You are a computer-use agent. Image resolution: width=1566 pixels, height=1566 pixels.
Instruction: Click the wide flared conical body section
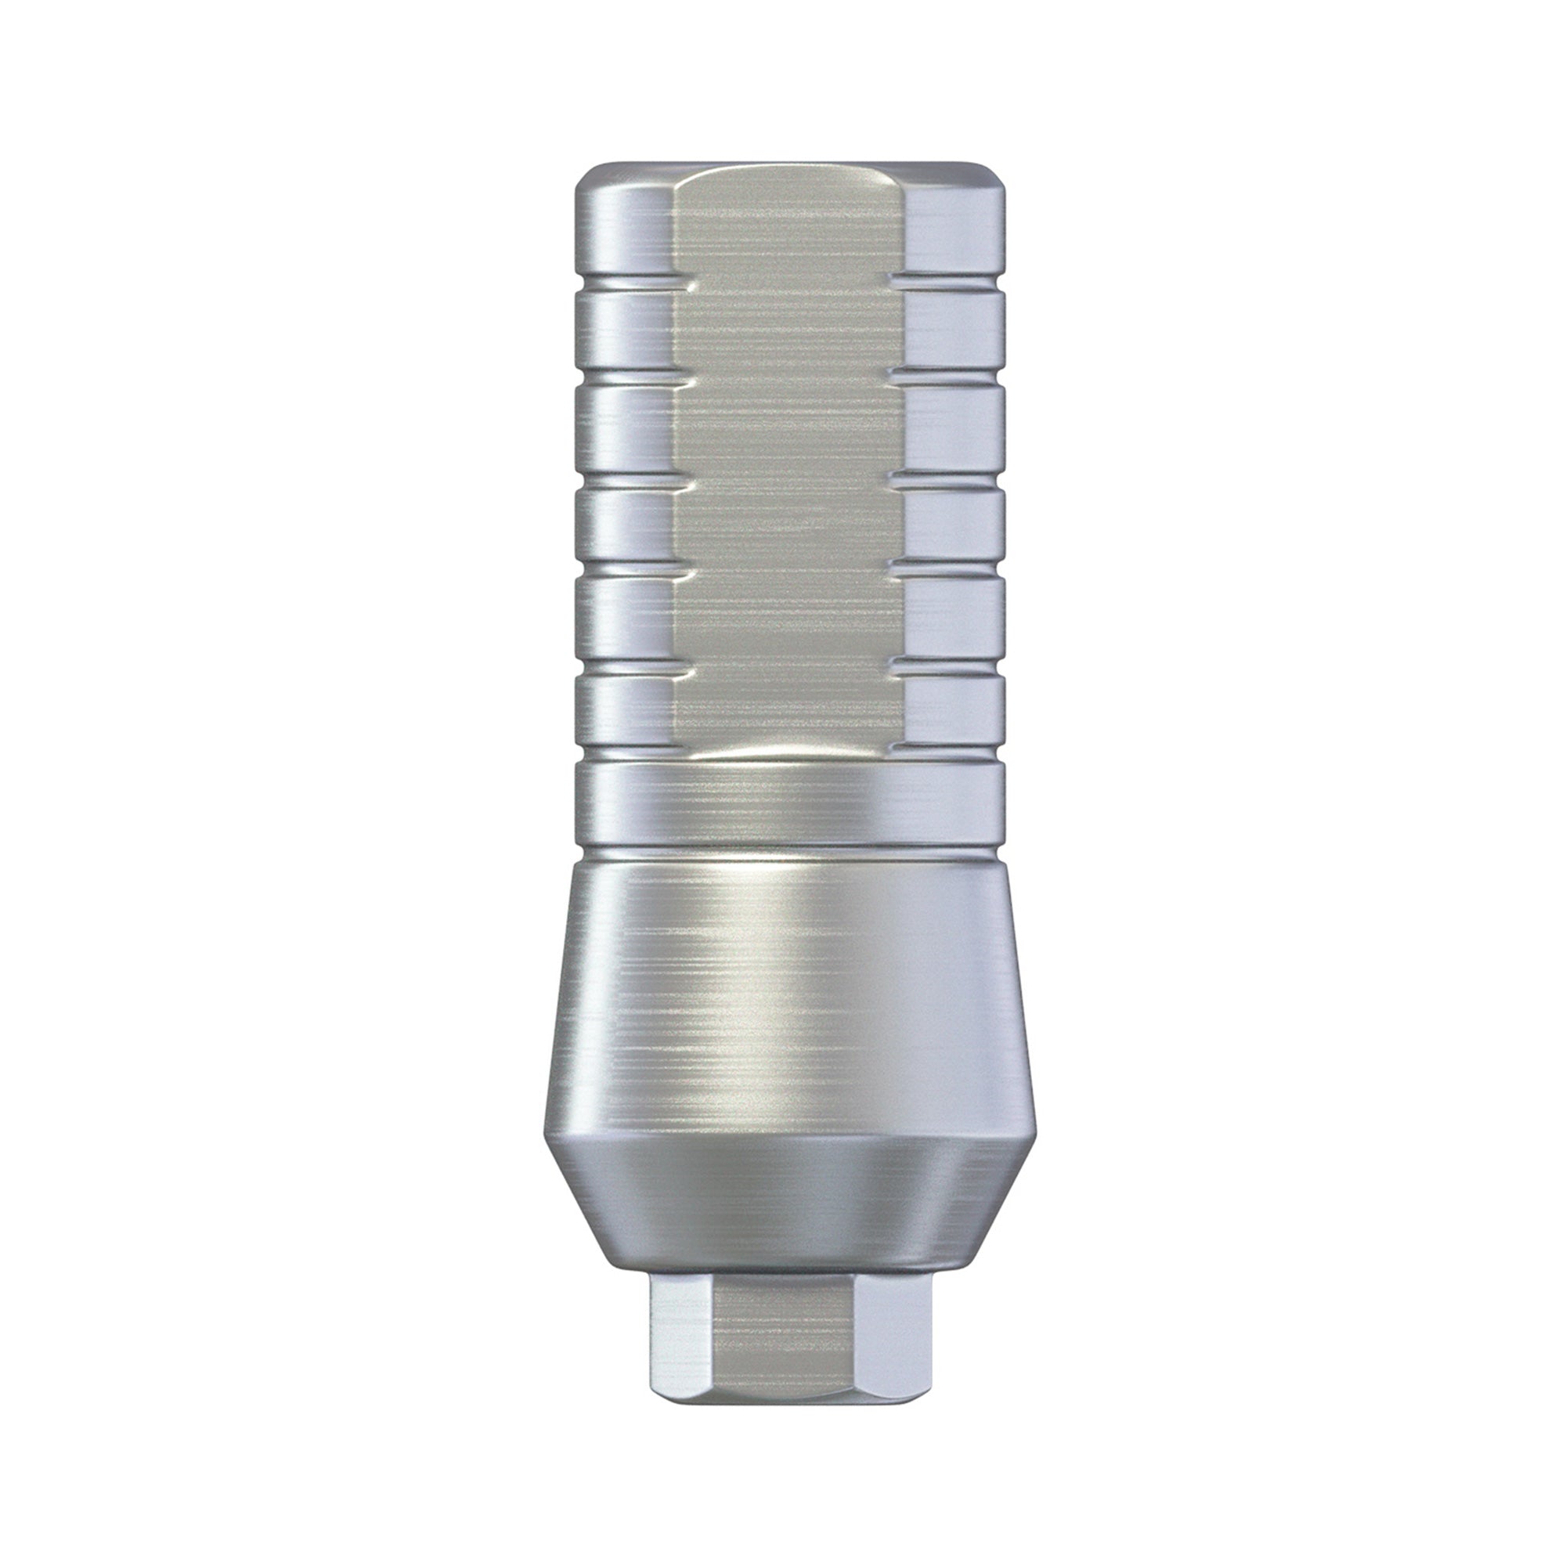pyautogui.click(x=786, y=997)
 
